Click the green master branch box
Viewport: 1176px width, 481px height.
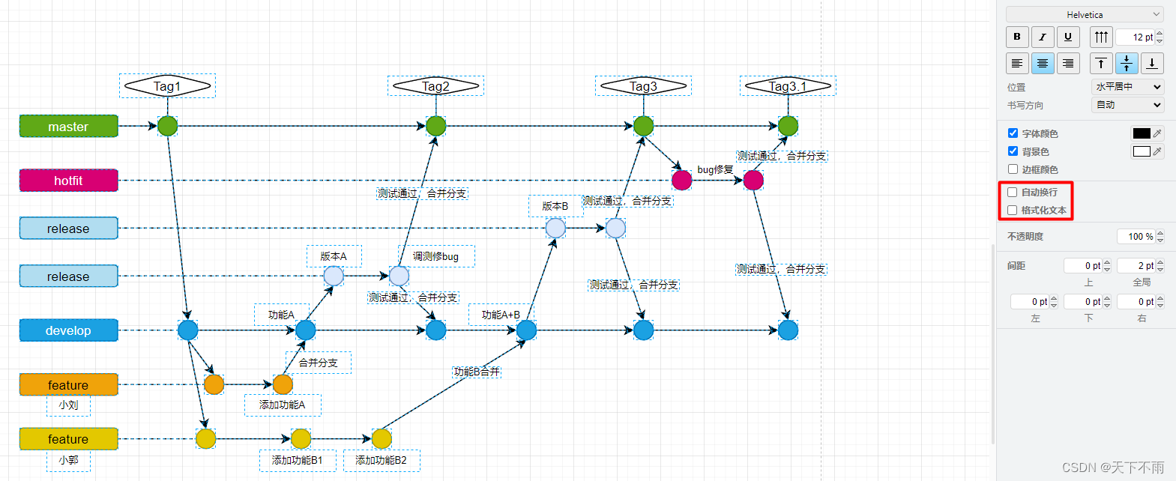tap(68, 127)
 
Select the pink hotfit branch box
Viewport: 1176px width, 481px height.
tap(68, 181)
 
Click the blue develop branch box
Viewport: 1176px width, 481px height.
tap(68, 330)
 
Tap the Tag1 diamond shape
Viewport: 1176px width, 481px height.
tap(167, 86)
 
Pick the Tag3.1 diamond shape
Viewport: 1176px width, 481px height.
tap(788, 86)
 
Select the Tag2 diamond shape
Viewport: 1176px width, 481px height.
tap(435, 86)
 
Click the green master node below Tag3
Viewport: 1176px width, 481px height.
tap(643, 126)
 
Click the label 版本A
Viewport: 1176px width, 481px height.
tap(334, 256)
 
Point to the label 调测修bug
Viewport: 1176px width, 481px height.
tap(435, 256)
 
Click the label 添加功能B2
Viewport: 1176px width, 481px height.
tap(381, 460)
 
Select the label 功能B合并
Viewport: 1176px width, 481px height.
tap(477, 372)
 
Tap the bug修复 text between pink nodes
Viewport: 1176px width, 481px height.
tap(715, 170)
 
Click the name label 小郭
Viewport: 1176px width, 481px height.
tap(68, 460)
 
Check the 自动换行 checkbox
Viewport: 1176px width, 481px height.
tap(1013, 193)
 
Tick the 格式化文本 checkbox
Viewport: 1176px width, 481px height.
tap(1013, 211)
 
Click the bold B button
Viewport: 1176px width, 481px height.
tap(1017, 37)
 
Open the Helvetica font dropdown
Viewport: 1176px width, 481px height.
tap(1085, 14)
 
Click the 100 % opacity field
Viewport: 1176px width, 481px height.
tap(1136, 237)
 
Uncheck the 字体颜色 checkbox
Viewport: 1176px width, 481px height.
tap(1013, 133)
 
